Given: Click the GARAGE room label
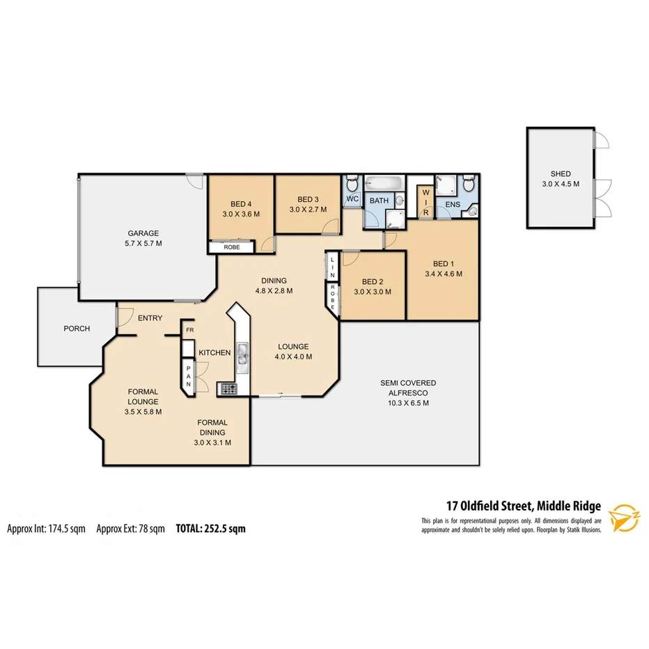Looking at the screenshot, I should tap(143, 233).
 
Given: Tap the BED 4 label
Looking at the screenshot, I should tap(240, 204).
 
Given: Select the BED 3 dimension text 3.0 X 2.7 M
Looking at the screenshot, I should tap(303, 210).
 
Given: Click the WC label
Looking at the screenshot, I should tap(352, 199).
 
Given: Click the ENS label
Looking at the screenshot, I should tap(453, 205).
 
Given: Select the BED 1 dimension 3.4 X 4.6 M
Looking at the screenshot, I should tap(444, 274).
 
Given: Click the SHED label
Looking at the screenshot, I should tap(561, 174).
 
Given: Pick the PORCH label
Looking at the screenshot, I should tap(77, 329).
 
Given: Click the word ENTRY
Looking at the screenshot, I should tap(150, 318).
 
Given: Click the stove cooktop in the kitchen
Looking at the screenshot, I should tap(227, 389).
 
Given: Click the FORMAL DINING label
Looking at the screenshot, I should tap(213, 423).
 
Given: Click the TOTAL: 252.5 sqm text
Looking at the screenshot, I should tap(211, 529).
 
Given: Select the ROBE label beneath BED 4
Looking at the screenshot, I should tap(233, 247).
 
